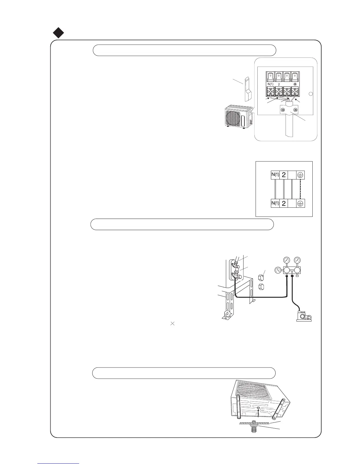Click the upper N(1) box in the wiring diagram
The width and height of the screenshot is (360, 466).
pos(275,175)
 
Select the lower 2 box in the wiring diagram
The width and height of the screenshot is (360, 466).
pos(284,203)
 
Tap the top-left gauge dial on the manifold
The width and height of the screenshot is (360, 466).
pos(286,260)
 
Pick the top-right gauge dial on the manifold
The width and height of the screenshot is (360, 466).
pos(297,260)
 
